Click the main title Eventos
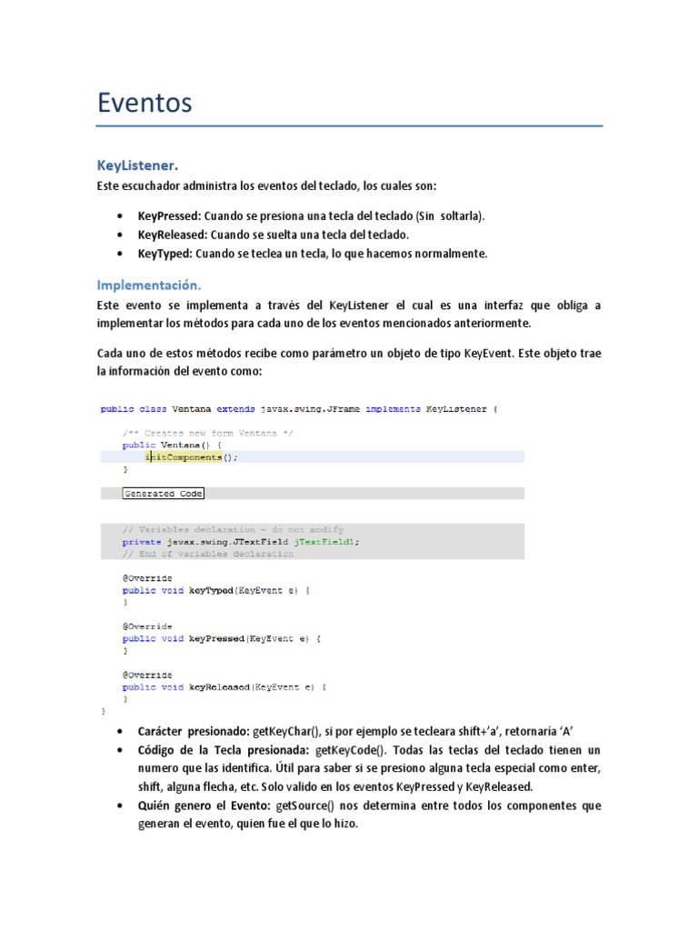pos(145,103)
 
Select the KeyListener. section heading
pos(138,165)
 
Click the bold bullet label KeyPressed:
pos(169,216)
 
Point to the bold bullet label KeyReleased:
pos(173,235)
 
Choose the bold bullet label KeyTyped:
pos(165,254)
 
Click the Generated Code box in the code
pos(164,494)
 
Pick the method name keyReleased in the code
pos(219,687)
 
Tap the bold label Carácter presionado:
pos(194,732)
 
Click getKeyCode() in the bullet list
pos(351,750)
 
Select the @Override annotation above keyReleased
pos(147,676)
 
